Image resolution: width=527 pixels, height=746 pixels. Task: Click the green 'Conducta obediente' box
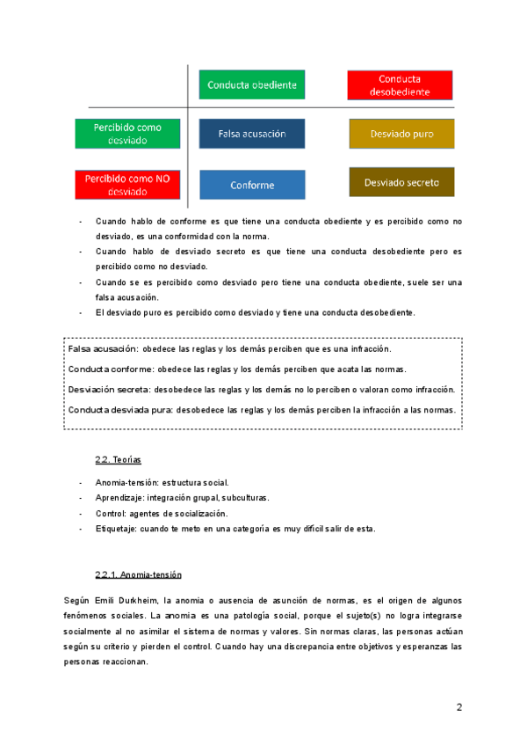pos(252,85)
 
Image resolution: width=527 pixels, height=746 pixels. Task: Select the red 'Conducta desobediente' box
pos(401,85)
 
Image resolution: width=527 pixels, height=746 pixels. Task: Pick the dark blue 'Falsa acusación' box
pos(252,134)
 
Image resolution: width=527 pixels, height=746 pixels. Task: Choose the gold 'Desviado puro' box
pos(401,134)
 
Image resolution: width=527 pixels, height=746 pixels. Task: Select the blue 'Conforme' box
pos(252,185)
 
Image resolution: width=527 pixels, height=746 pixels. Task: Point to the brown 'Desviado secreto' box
pos(401,182)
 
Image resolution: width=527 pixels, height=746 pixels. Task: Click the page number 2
pos(458,707)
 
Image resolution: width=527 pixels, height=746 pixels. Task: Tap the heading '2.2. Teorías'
pos(118,459)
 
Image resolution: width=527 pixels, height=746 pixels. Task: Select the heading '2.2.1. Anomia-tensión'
pos(138,574)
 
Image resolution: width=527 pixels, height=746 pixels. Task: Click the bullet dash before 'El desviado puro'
pos(80,312)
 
